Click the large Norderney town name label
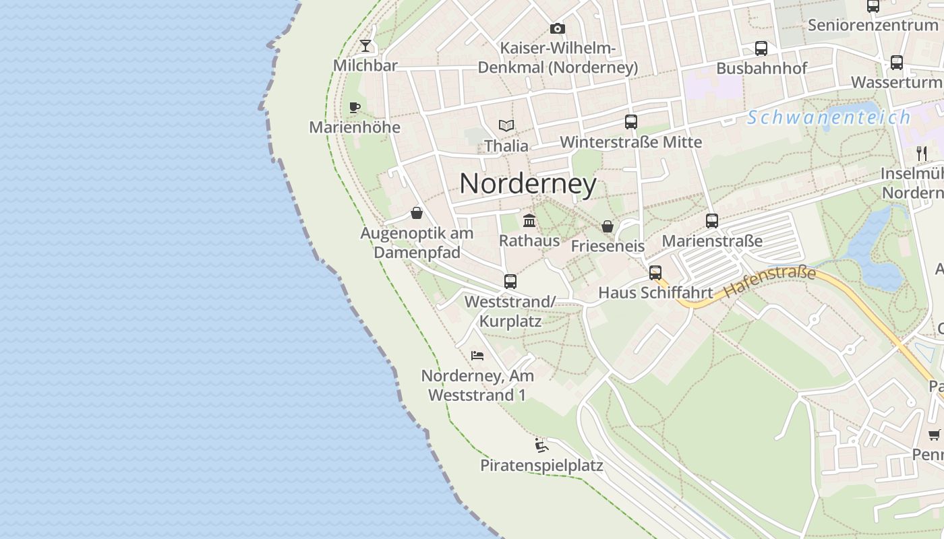pyautogui.click(x=528, y=184)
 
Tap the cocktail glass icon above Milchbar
pyautogui.click(x=365, y=46)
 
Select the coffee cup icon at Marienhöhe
pyautogui.click(x=355, y=107)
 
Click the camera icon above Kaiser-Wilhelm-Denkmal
pyautogui.click(x=557, y=28)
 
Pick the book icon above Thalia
pyautogui.click(x=506, y=125)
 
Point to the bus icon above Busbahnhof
pyautogui.click(x=761, y=49)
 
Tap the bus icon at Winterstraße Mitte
pyautogui.click(x=631, y=122)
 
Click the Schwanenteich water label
pyautogui.click(x=829, y=118)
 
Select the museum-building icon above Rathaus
pyautogui.click(x=529, y=220)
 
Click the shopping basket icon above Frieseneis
pyautogui.click(x=608, y=226)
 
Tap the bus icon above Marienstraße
pyautogui.click(x=712, y=220)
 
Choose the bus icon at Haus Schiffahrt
pyautogui.click(x=655, y=273)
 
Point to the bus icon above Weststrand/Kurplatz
pyautogui.click(x=510, y=282)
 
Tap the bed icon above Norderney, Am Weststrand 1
pyautogui.click(x=477, y=355)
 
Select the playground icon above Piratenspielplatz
pyautogui.click(x=541, y=445)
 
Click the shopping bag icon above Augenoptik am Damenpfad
pyautogui.click(x=417, y=213)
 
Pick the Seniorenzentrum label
pyautogui.click(x=873, y=26)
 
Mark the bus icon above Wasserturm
pyautogui.click(x=897, y=63)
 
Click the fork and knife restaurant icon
pyautogui.click(x=922, y=153)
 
